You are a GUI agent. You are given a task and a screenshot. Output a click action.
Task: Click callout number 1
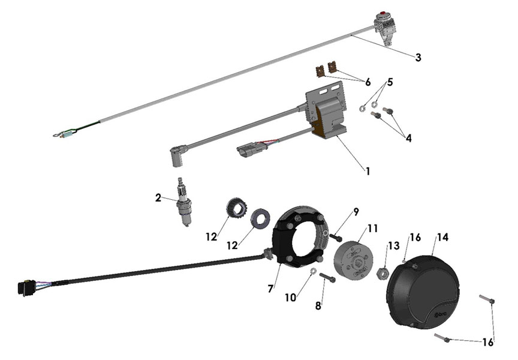click(368, 170)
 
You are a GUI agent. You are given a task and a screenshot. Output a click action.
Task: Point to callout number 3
click(418, 58)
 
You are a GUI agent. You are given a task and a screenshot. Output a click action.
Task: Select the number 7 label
click(271, 289)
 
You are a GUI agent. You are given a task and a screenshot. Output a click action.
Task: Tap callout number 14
click(442, 237)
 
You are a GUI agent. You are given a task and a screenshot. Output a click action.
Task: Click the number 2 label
click(158, 197)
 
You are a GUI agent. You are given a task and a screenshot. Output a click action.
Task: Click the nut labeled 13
click(380, 274)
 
